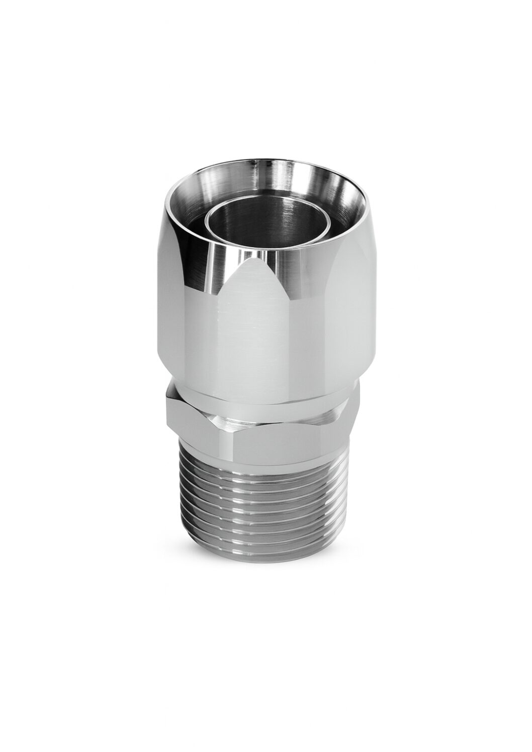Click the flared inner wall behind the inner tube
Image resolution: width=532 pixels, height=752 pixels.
click(302, 181)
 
